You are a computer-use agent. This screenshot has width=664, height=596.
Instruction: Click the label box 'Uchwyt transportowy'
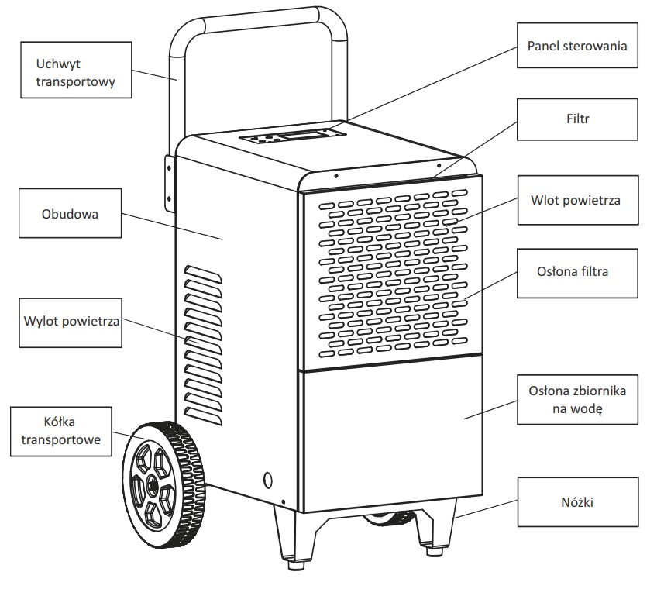pyautogui.click(x=75, y=72)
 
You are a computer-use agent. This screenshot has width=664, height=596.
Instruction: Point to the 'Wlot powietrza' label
pyautogui.click(x=577, y=200)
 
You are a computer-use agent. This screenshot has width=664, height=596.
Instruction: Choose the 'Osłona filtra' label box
pyautogui.click(x=577, y=273)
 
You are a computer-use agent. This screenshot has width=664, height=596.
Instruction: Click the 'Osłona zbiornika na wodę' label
pyautogui.click(x=577, y=401)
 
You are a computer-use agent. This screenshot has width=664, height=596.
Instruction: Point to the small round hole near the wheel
pyautogui.click(x=268, y=480)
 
